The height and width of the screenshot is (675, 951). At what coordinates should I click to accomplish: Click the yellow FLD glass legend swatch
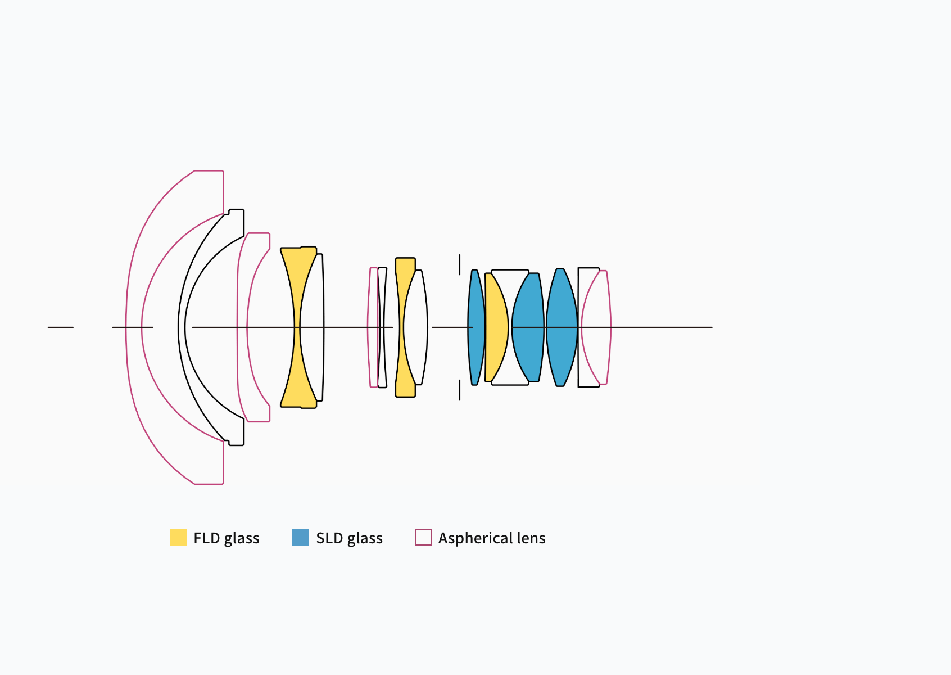coord(178,537)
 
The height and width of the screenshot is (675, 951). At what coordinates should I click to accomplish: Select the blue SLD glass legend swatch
coord(301,537)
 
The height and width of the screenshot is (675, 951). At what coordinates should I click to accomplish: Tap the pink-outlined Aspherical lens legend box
coord(423,537)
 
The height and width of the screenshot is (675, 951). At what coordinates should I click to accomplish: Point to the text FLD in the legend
coord(206,538)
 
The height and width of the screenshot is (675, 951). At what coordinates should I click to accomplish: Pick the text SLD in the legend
coord(329,538)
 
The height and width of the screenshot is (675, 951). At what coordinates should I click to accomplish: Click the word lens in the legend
coord(531,538)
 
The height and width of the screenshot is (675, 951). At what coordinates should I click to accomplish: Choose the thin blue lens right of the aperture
coord(476,327)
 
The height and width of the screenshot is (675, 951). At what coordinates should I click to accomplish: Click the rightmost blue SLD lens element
coord(561,327)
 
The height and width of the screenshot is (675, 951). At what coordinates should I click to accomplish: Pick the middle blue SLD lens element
coord(528,327)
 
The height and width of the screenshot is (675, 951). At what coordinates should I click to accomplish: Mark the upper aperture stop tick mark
coord(460,264)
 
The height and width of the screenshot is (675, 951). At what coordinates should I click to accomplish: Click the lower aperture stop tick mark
coord(460,390)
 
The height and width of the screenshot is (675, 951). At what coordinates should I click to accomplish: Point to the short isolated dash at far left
coord(60,327)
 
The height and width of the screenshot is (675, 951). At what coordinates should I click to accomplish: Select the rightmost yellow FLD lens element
coord(496,327)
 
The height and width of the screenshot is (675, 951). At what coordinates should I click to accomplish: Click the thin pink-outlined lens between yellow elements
coord(373,327)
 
